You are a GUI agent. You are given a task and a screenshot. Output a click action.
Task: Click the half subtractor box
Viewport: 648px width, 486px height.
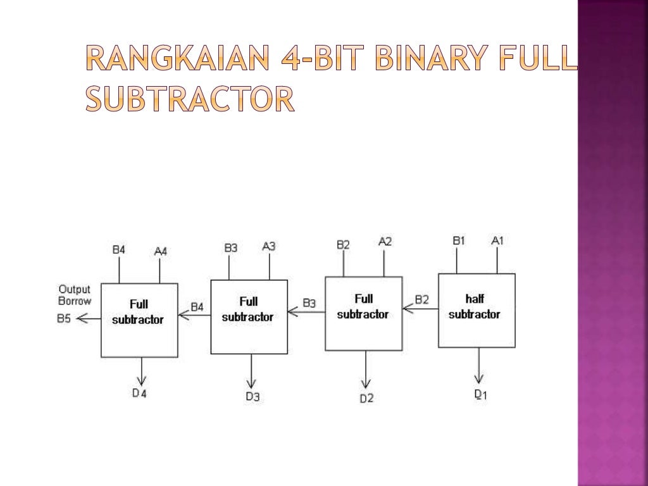(477, 310)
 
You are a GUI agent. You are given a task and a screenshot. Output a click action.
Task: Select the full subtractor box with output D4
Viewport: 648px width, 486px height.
(139, 320)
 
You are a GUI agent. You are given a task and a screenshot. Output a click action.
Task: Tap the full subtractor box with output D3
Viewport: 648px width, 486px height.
(249, 316)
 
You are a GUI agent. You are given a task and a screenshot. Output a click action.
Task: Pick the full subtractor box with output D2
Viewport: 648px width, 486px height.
(363, 313)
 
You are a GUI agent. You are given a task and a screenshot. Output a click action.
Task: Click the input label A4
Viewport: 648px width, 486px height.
(161, 251)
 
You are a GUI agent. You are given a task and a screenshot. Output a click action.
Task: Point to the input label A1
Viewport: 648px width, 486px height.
(498, 240)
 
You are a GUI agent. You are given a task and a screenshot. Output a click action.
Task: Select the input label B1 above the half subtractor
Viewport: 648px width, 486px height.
(458, 240)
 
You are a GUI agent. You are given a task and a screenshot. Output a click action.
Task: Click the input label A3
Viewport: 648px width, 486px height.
(269, 246)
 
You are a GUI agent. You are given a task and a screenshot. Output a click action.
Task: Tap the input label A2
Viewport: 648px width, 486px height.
(385, 241)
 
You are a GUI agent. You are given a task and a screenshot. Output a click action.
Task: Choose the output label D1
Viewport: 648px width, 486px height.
(481, 394)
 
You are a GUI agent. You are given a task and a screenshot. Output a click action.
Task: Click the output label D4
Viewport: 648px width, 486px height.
(139, 393)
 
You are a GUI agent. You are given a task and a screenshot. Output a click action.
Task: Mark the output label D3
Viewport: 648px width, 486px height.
(252, 397)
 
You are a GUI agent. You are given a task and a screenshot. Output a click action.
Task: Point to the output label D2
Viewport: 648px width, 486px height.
(366, 398)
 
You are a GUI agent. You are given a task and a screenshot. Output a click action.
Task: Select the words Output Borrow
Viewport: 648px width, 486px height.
(75, 296)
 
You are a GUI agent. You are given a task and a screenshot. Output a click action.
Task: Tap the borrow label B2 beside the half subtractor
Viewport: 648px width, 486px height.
(421, 299)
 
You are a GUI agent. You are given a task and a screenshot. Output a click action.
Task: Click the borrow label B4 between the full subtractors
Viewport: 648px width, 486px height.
(197, 307)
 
